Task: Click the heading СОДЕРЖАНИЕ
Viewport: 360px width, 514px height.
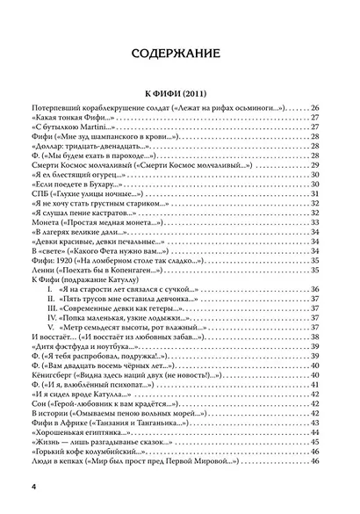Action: [x=179, y=55]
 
